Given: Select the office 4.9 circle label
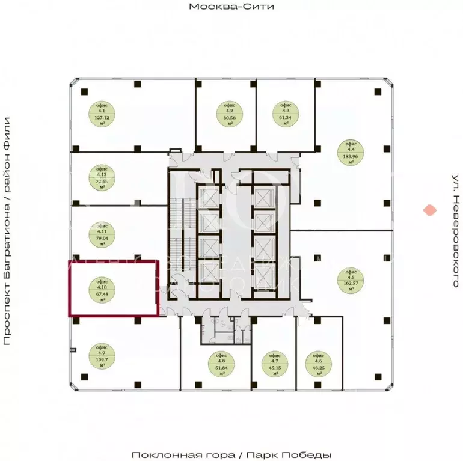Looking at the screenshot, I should (101, 356).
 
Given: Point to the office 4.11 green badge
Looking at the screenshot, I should (101, 234).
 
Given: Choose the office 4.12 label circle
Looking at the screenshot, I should (101, 177).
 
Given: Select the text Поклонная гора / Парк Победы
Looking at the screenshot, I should (231, 454).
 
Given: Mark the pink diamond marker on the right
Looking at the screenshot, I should (429, 210).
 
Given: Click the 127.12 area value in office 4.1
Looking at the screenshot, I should (101, 118).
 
